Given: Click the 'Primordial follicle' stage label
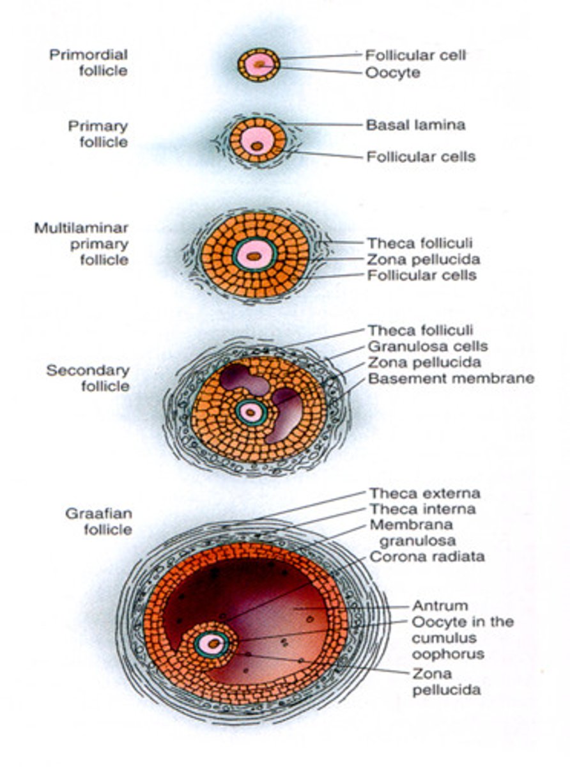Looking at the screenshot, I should point(88,62).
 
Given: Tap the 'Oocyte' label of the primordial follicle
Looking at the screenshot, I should point(392,73).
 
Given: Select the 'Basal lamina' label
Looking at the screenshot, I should point(415,125).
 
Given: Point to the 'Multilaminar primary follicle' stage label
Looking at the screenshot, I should point(81,244).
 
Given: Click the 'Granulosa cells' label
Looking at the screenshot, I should point(427,346).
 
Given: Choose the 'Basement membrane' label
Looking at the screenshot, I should point(451,378).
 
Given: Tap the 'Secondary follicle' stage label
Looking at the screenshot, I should point(88,378).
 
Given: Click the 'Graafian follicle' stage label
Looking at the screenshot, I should point(98,521).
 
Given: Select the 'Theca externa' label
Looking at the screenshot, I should point(424,493).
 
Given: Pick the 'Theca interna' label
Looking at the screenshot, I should point(422,509).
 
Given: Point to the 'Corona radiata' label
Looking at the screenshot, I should point(427,557).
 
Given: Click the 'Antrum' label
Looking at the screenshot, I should point(440,605).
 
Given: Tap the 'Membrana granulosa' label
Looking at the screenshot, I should point(411,533).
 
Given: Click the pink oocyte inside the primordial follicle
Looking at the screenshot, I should point(258,65).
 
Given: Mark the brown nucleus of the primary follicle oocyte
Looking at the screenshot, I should point(257,146).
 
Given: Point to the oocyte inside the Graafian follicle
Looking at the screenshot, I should point(211,644).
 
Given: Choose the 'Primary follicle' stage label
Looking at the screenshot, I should point(98,134).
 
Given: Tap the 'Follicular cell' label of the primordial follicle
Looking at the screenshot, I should point(416,56).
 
